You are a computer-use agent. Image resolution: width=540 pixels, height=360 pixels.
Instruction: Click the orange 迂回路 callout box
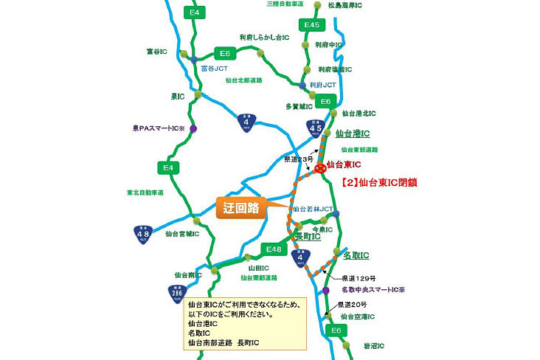(241, 208)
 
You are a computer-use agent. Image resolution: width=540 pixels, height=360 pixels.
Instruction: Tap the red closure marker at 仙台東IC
(321, 168)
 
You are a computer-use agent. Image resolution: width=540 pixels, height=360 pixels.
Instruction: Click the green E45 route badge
(312, 26)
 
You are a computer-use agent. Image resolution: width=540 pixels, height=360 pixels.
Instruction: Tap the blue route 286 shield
(176, 294)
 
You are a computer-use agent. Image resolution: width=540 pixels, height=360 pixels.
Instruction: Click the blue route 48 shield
(145, 235)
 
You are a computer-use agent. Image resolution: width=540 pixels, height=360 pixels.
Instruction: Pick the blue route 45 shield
(315, 131)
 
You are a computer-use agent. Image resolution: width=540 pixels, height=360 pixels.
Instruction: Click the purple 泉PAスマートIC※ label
(156, 128)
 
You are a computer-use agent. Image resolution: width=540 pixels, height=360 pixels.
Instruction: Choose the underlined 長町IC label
(307, 237)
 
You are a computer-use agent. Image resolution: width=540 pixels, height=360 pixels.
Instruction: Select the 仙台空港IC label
(358, 316)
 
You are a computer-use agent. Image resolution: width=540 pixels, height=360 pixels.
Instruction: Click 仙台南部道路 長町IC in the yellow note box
(224, 343)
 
